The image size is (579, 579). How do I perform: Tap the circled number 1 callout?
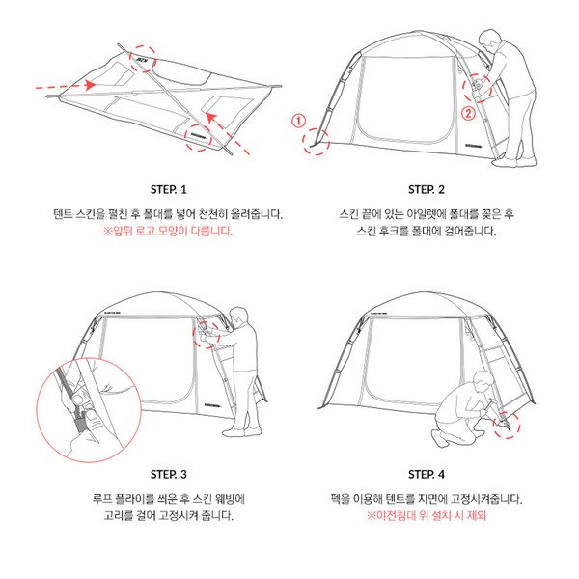[x=298, y=121]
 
